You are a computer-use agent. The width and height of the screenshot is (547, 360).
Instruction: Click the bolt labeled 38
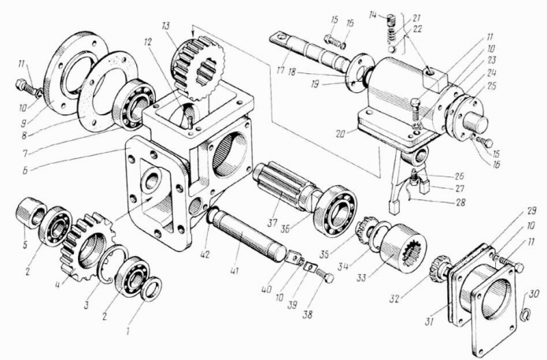coord(323,275)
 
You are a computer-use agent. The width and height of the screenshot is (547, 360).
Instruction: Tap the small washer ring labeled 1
coord(150,289)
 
